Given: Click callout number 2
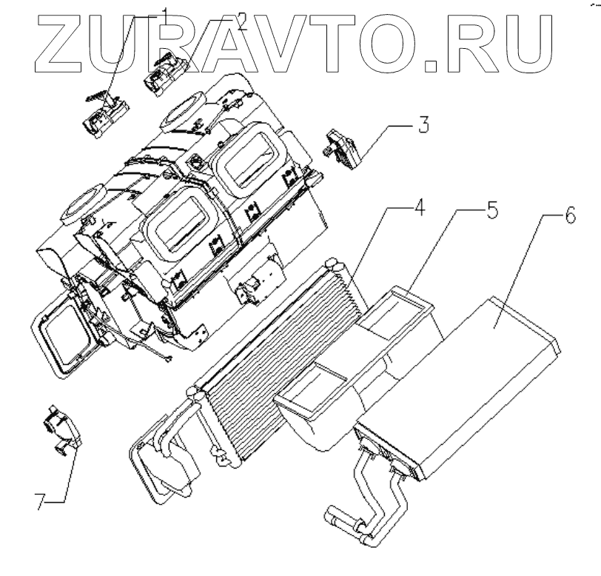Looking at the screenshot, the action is (241, 21).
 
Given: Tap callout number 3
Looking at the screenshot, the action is (423, 123).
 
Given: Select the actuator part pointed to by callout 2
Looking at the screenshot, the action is (167, 73).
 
